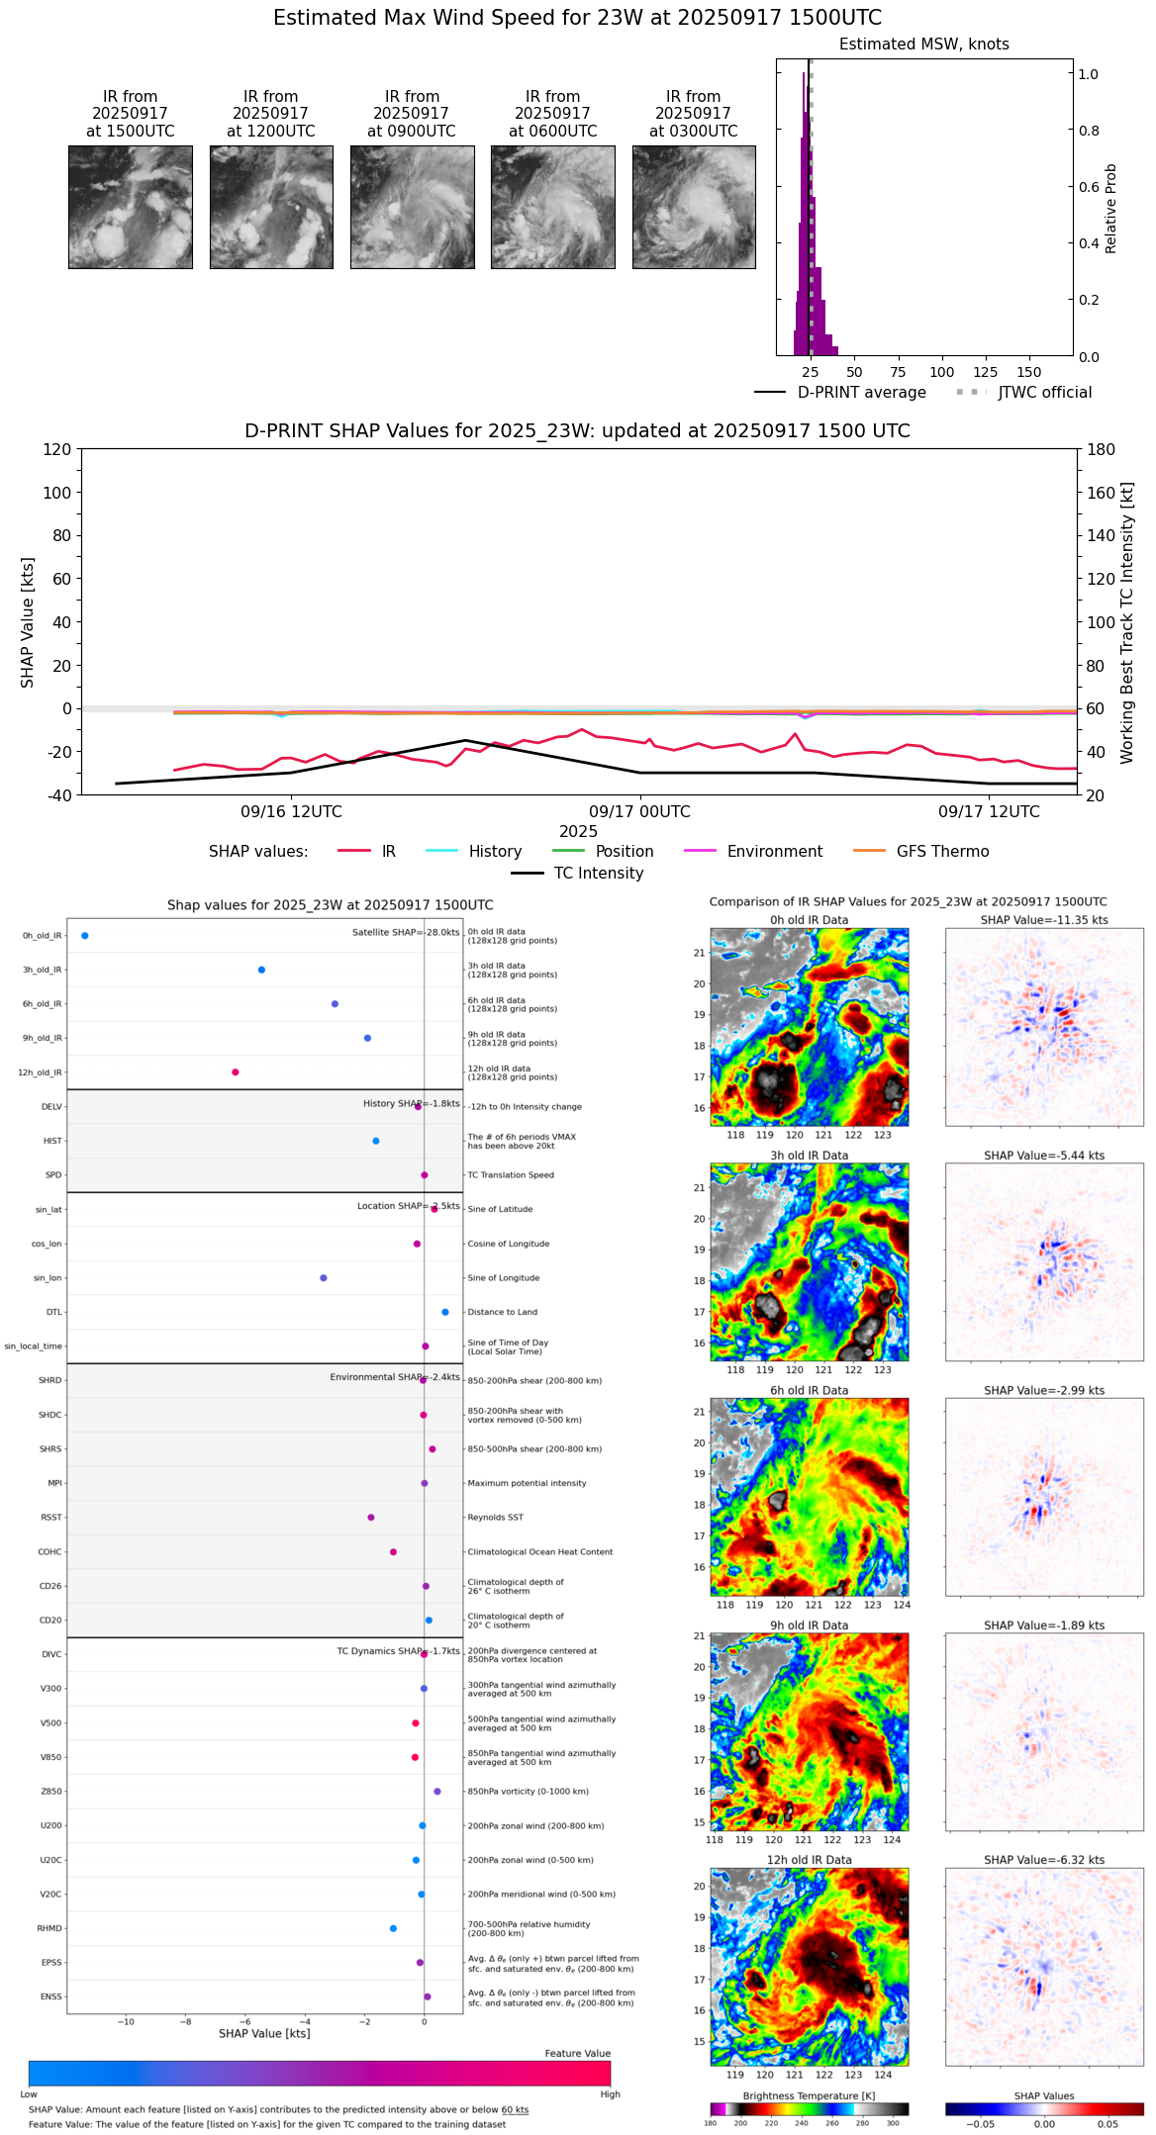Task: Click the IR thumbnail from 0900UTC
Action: point(412,207)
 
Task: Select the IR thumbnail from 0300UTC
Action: point(694,207)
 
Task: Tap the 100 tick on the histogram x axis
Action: point(941,372)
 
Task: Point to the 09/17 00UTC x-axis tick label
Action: point(639,812)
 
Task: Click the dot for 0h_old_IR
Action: point(85,935)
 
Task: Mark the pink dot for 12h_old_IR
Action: point(236,1072)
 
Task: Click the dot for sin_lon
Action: point(324,1278)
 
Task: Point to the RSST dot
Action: point(371,1518)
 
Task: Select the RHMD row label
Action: point(49,1928)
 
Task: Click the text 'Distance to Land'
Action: point(503,1313)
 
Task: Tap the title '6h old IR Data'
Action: point(809,1390)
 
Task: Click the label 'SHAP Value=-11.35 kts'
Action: point(1044,920)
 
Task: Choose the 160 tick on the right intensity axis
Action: point(1102,493)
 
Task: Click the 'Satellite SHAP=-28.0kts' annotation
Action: point(406,933)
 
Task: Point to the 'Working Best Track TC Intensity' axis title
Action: point(1127,623)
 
